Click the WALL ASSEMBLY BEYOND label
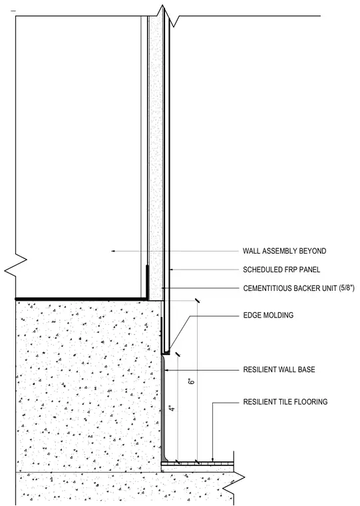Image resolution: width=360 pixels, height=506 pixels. (284, 251)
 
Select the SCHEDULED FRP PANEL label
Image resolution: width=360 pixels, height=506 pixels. (281, 270)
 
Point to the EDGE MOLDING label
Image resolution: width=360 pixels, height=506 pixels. (268, 315)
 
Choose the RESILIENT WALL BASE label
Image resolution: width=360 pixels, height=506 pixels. (279, 370)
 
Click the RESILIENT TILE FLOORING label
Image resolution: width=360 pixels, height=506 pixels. (285, 401)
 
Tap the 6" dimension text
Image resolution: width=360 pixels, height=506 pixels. (192, 381)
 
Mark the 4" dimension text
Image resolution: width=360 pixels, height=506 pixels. (172, 408)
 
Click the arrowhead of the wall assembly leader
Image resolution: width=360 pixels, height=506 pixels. (113, 251)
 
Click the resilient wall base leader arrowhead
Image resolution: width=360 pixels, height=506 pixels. (166, 370)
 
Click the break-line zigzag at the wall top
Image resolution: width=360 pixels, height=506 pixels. (168, 16)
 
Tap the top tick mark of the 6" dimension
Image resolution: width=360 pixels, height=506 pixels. (197, 301)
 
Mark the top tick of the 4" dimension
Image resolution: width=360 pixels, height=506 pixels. (178, 354)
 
